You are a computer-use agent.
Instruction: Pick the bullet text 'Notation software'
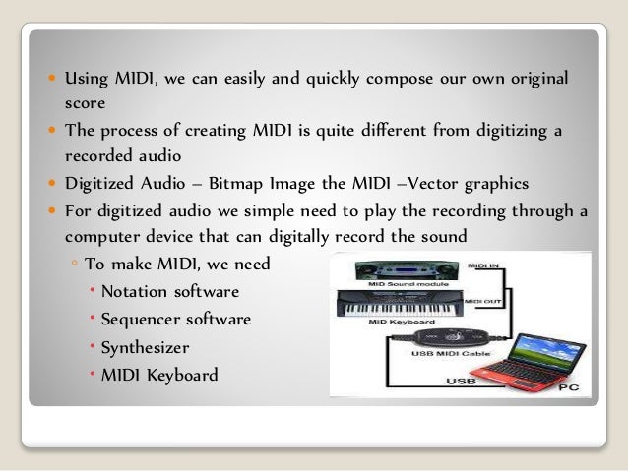(x=175, y=293)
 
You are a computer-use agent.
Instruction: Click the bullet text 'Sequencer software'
(x=182, y=320)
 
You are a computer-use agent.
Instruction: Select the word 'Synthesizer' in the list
(x=157, y=347)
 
